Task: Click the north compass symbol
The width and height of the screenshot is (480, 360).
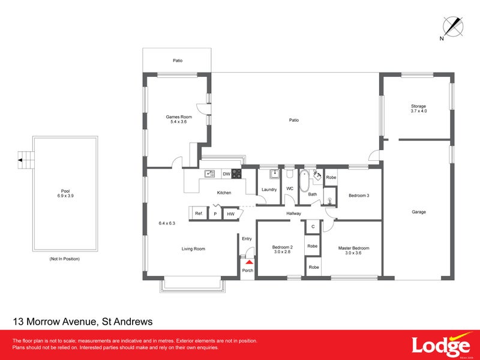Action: coord(452,27)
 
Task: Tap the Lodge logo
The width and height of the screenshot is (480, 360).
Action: coord(440,346)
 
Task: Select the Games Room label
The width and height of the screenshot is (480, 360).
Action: coord(179,119)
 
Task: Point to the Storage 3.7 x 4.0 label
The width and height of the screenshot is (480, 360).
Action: coord(418,109)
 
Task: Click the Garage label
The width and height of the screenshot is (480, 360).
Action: coord(418,212)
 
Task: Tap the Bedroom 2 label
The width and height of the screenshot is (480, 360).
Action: coord(282,250)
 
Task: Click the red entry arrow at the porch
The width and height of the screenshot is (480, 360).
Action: coord(247,262)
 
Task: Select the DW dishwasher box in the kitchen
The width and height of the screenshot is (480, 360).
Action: coord(226,174)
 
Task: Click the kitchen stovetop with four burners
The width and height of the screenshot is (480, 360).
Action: coord(236,174)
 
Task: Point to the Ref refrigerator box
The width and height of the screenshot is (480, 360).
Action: coord(198,213)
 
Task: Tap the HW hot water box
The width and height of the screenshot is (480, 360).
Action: coord(230,213)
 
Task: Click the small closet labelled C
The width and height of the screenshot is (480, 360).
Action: coord(313,226)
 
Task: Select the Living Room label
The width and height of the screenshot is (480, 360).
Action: coord(194,248)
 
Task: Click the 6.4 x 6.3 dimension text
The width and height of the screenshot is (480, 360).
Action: coord(167,223)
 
